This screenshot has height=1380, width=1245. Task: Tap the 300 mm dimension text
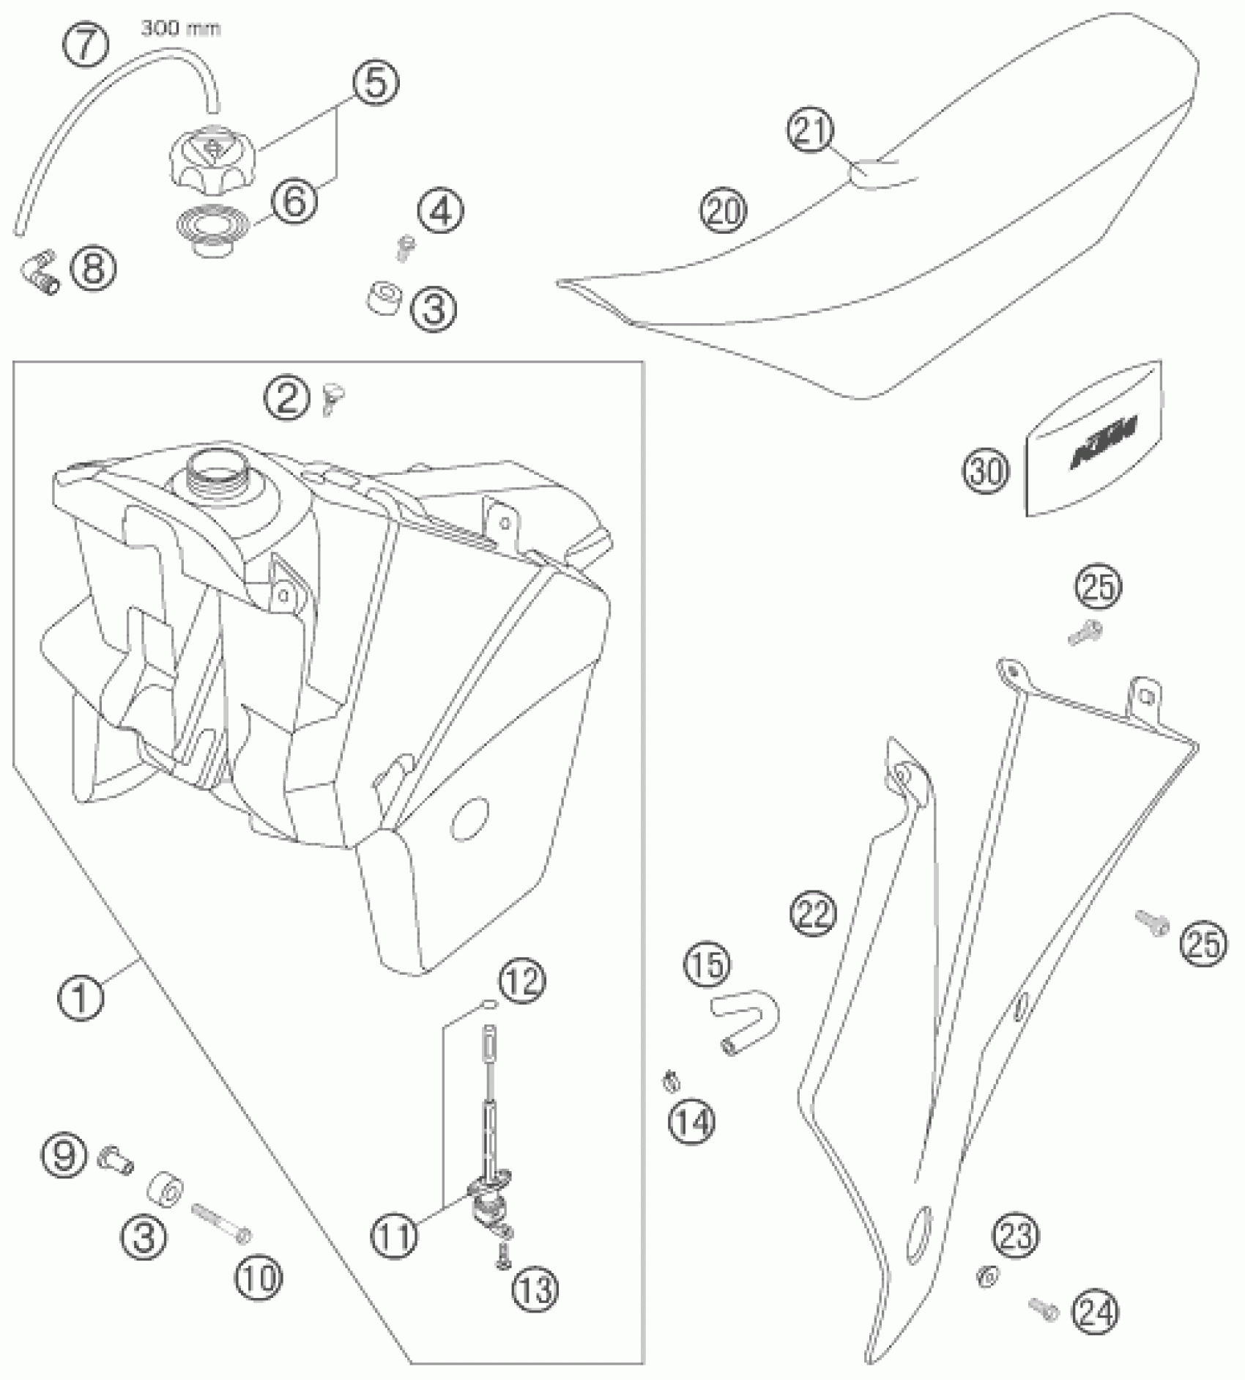pyautogui.click(x=180, y=29)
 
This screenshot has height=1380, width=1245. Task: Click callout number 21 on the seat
pyautogui.click(x=811, y=132)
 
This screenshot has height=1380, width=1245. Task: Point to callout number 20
pyautogui.click(x=724, y=211)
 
